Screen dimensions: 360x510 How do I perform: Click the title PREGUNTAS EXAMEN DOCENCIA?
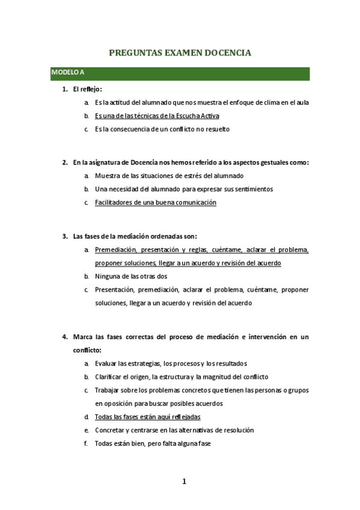[x=180, y=54]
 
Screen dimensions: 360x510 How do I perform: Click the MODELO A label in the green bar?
[x=67, y=73]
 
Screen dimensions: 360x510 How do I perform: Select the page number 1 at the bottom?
[x=185, y=481]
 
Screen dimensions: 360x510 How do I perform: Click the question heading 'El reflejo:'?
[x=88, y=89]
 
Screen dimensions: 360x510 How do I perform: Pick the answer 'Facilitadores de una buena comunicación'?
[x=155, y=203]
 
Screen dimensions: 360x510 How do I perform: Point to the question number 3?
[x=64, y=236]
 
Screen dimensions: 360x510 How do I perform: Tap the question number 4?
[x=64, y=337]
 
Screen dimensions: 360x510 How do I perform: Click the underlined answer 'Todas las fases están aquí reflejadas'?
[x=147, y=417]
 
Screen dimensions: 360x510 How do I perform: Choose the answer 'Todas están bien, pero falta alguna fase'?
[x=153, y=444]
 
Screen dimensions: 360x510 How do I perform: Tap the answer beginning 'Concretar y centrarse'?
[x=174, y=430]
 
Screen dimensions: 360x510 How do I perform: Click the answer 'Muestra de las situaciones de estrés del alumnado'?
[x=169, y=176]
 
